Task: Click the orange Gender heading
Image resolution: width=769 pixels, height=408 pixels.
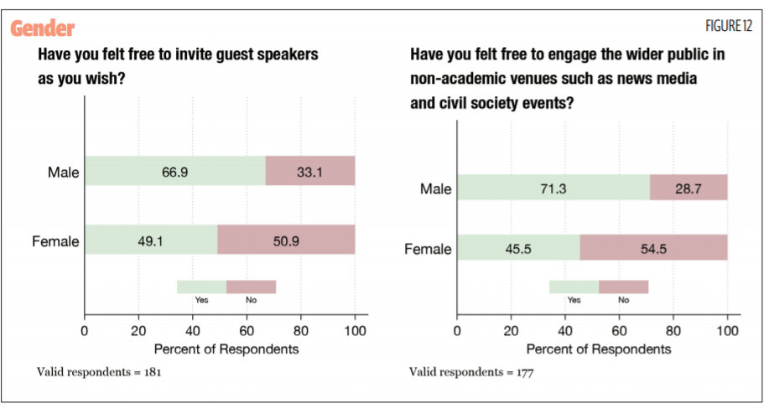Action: tap(43, 28)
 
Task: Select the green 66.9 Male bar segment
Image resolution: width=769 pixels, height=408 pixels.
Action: tap(174, 171)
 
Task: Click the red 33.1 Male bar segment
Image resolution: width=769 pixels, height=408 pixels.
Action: tap(310, 171)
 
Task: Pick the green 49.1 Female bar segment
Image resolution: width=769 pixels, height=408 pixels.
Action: tap(151, 240)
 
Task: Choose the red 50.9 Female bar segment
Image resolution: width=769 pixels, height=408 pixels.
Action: tap(286, 240)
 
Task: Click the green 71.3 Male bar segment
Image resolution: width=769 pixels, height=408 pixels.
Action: tap(553, 189)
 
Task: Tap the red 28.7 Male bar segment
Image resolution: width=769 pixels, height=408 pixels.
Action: tap(688, 189)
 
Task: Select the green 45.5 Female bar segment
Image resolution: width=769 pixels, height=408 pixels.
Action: tap(518, 249)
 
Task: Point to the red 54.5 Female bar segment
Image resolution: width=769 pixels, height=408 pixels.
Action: tap(653, 249)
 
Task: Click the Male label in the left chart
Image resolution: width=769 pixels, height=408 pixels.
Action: tap(63, 173)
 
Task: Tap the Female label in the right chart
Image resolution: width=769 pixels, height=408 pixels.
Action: tap(428, 250)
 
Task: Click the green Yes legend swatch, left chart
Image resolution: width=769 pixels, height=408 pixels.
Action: tap(201, 287)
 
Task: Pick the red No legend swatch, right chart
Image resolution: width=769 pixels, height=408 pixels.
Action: tap(623, 287)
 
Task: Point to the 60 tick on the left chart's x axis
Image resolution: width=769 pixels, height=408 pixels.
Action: tap(247, 330)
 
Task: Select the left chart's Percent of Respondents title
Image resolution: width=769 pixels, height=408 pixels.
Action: tap(219, 349)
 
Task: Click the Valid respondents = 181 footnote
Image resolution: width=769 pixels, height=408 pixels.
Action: tap(99, 371)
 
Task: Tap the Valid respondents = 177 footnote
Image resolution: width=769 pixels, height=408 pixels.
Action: tap(471, 371)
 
